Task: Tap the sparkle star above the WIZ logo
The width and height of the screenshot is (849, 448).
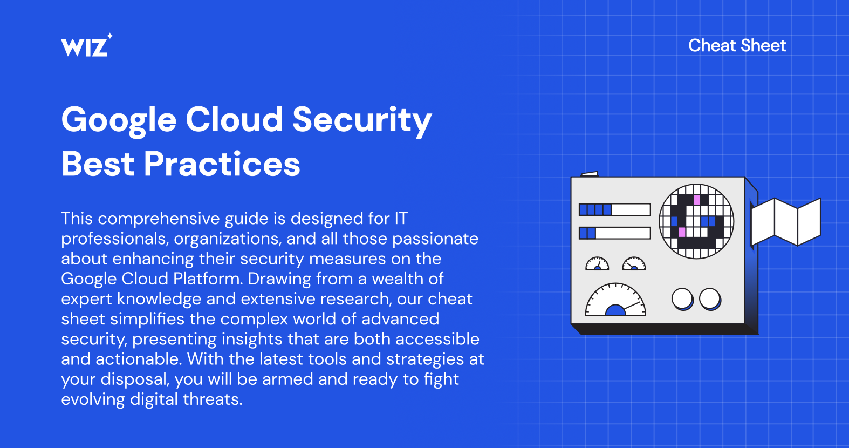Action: click(x=109, y=36)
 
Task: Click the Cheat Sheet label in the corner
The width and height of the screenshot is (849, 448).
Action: click(x=737, y=45)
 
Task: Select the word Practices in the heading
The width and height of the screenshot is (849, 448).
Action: click(x=222, y=164)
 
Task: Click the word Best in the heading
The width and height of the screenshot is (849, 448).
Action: click(x=98, y=164)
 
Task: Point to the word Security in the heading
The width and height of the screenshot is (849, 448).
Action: click(x=362, y=120)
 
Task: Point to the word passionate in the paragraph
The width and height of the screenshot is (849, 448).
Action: click(x=435, y=239)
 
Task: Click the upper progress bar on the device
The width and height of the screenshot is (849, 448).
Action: click(x=615, y=209)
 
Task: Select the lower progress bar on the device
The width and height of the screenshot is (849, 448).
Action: click(x=615, y=233)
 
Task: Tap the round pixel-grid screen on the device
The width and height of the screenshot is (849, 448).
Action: click(x=696, y=221)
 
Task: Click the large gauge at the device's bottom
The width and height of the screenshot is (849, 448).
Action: click(x=615, y=300)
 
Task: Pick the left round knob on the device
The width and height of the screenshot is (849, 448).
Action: click(x=682, y=299)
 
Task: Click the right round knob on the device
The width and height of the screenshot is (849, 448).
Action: click(x=710, y=299)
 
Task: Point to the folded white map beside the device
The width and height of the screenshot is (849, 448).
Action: click(x=786, y=222)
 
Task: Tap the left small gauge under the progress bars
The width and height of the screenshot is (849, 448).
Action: click(x=597, y=264)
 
